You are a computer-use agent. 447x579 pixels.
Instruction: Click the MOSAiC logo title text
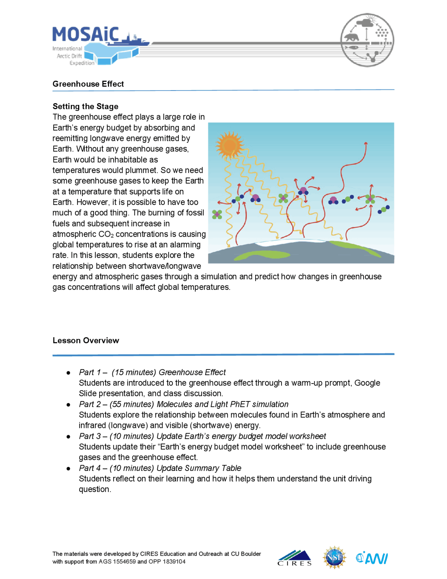(86, 34)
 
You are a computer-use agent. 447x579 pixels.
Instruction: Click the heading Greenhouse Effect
(88, 84)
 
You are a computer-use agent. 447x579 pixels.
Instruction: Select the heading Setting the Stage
(85, 106)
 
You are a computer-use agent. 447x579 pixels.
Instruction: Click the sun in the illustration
(229, 145)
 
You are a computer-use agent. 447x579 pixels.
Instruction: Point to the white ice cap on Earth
(290, 242)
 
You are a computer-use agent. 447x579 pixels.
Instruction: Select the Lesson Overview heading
(86, 341)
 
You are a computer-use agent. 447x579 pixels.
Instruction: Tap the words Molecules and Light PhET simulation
(222, 404)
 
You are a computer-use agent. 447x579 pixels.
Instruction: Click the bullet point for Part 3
(68, 437)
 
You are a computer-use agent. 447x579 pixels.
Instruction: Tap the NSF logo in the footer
(334, 558)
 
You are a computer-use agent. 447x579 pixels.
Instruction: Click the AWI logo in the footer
(372, 558)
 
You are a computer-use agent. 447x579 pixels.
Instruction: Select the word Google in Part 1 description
(367, 383)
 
